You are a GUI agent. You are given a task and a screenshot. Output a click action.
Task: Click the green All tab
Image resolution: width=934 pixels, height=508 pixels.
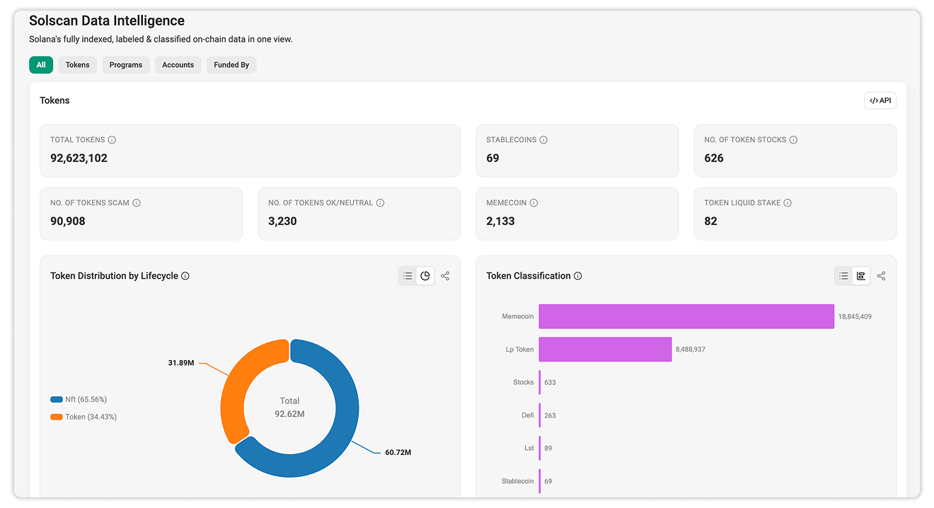[x=41, y=64]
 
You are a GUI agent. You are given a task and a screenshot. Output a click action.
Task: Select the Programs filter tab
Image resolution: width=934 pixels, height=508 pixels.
[x=125, y=64]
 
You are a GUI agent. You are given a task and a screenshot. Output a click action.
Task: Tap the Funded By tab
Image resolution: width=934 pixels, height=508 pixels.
[x=231, y=64]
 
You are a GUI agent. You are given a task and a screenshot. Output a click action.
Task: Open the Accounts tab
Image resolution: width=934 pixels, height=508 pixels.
[x=178, y=64]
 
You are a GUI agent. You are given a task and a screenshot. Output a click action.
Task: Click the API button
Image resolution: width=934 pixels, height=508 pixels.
[x=880, y=100]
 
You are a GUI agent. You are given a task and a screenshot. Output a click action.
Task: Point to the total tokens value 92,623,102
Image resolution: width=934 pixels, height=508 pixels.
[x=79, y=158]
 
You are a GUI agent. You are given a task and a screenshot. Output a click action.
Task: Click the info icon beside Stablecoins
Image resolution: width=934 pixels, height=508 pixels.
[x=543, y=139]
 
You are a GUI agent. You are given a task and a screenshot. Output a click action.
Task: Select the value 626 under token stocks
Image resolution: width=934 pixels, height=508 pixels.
[x=714, y=158]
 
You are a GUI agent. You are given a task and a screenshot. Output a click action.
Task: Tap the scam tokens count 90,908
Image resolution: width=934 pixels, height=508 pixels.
[x=67, y=221]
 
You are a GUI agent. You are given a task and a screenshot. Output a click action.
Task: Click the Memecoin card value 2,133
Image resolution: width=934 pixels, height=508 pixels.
[x=500, y=221]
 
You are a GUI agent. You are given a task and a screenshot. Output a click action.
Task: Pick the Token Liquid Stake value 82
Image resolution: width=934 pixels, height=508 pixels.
[x=710, y=221]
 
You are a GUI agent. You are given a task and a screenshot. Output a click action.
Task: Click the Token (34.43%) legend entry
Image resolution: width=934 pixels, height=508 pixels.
[x=83, y=417]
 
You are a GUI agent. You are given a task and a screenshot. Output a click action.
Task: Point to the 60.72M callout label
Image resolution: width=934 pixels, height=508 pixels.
[x=398, y=453]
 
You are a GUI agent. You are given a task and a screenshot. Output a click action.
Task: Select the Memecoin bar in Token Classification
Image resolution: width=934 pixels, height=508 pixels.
[x=686, y=316]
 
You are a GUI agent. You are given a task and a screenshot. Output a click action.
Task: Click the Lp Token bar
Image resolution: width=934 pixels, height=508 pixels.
[x=605, y=349]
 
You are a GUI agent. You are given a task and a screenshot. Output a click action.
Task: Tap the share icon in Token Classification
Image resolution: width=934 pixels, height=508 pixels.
[x=881, y=276]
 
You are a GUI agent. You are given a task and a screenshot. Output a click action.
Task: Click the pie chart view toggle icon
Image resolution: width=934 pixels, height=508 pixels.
[x=425, y=276]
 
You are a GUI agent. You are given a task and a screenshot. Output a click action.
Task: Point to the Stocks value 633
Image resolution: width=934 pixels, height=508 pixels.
[x=550, y=383]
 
